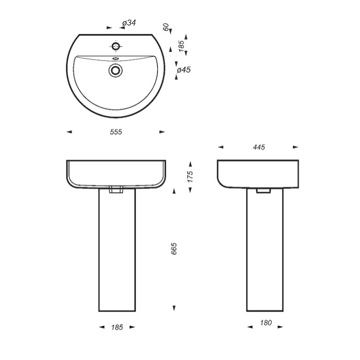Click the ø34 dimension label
point(129,23)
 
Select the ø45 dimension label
point(184,69)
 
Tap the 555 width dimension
point(116,132)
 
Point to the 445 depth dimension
point(259,147)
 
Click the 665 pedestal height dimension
point(174,248)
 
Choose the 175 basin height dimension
point(190,177)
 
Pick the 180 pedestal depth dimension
point(266,323)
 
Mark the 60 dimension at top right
point(166,27)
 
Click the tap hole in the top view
point(116,46)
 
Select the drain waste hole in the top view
point(115,70)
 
